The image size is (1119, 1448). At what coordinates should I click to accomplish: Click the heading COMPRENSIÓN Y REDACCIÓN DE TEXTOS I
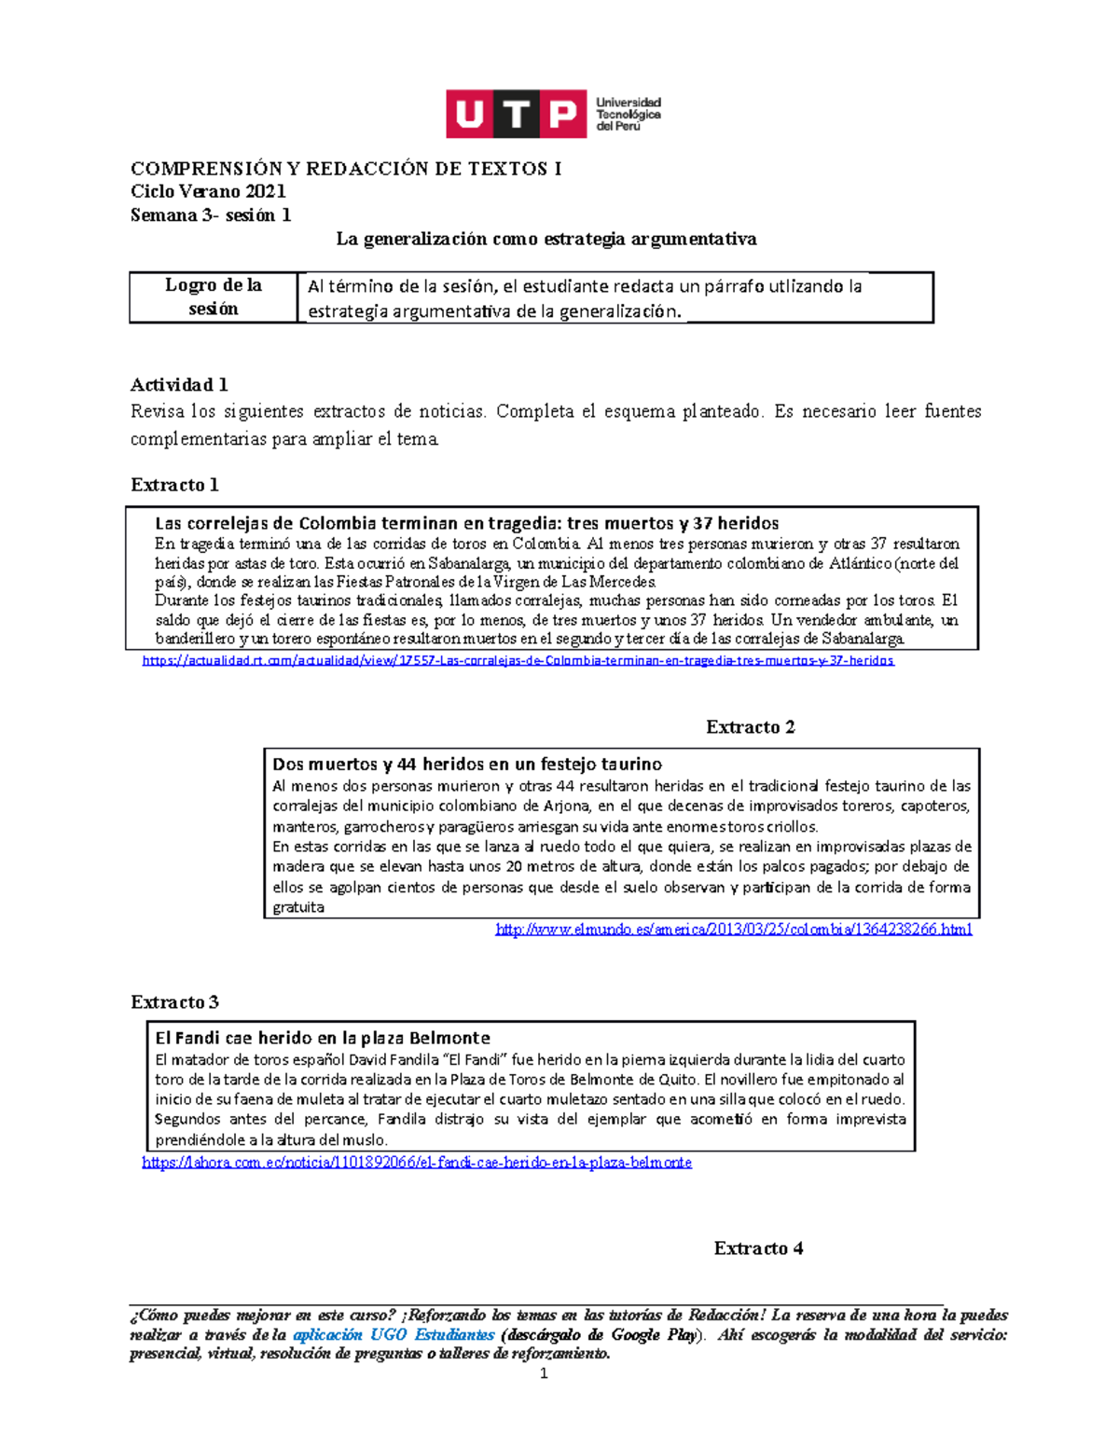click(x=346, y=169)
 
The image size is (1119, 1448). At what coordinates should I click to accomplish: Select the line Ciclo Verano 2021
click(x=208, y=192)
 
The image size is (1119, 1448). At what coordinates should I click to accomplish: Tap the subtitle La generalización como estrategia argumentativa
click(x=546, y=239)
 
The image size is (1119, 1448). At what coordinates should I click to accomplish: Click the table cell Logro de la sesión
click(x=214, y=296)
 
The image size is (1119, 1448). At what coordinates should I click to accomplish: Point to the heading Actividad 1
click(x=179, y=385)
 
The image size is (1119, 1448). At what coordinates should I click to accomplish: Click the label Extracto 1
click(x=174, y=485)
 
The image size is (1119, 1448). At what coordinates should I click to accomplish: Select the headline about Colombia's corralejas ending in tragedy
click(x=466, y=523)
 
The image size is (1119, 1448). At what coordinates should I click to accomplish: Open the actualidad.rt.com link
click(x=518, y=661)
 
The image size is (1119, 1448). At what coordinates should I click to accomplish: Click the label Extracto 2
click(x=750, y=727)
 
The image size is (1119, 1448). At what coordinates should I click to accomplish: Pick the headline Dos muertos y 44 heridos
click(x=467, y=765)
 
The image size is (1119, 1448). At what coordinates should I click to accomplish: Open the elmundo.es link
click(x=733, y=930)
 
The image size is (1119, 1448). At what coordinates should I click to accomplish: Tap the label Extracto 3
click(x=174, y=1002)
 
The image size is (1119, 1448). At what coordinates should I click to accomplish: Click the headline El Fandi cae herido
click(x=322, y=1038)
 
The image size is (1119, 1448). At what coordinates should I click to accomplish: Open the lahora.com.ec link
click(x=417, y=1163)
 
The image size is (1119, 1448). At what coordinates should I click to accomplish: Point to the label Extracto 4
click(x=758, y=1248)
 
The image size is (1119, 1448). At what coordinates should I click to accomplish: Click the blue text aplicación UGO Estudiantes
click(x=394, y=1335)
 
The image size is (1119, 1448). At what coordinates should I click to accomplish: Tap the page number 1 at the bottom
click(x=544, y=1373)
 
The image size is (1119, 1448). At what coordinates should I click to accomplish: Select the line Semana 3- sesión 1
click(x=211, y=215)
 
